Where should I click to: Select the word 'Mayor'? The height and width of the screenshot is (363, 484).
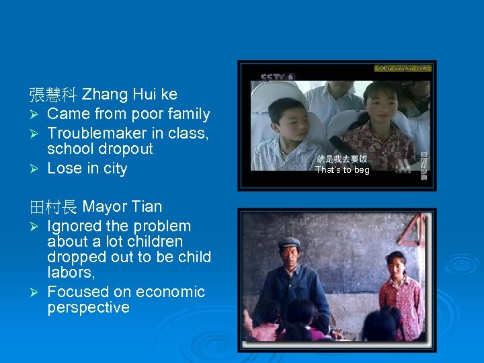point(103,207)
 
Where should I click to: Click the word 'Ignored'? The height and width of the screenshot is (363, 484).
point(75,227)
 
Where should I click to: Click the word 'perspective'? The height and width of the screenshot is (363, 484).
point(89,308)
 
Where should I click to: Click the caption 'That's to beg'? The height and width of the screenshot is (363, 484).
point(342,170)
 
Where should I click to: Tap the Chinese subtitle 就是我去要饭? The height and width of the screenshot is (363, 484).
point(342,159)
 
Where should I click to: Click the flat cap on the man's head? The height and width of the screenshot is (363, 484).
point(289,243)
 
